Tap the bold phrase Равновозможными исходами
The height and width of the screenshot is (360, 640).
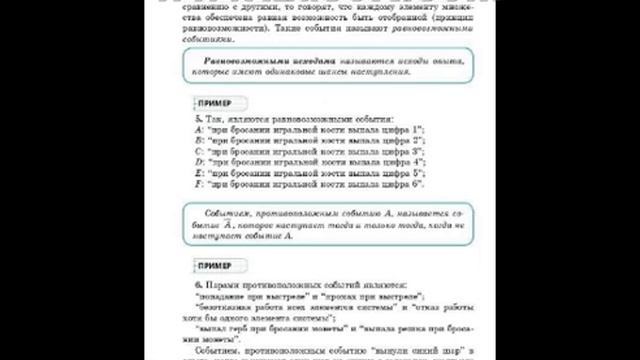pyautogui.click(x=250, y=60)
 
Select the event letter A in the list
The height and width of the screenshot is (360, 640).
pyautogui.click(x=199, y=131)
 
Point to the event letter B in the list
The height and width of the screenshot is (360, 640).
pyautogui.click(x=199, y=141)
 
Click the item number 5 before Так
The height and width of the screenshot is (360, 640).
pyautogui.click(x=198, y=119)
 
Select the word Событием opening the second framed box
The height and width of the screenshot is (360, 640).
pyautogui.click(x=225, y=215)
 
